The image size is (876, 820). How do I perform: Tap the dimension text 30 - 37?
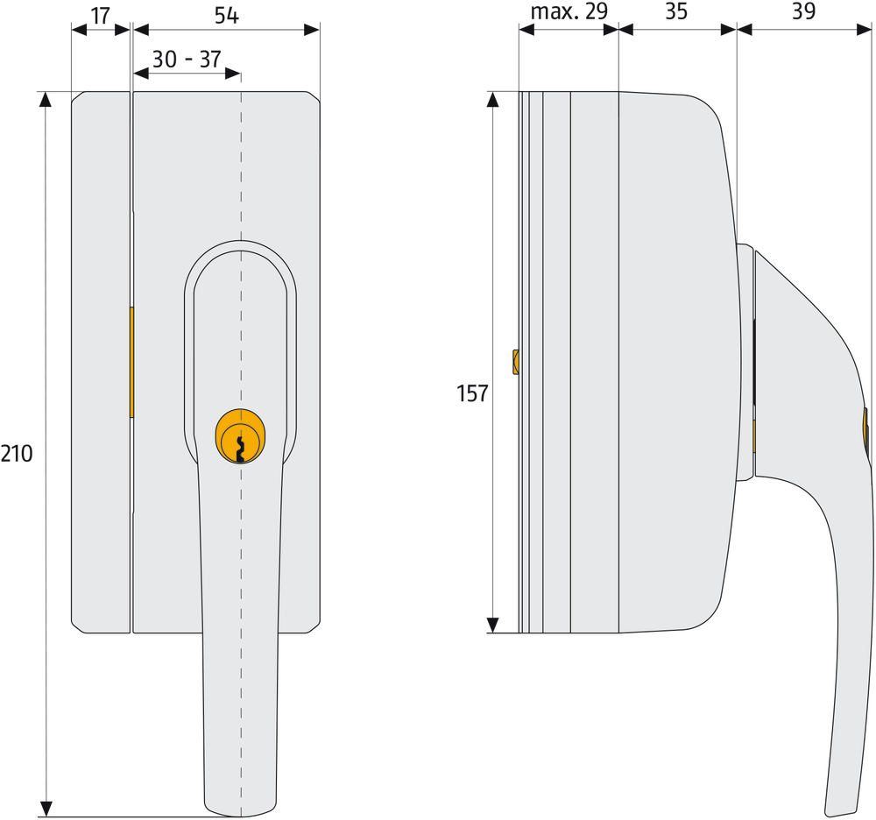click(x=187, y=59)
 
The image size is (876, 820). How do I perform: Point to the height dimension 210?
click(x=17, y=453)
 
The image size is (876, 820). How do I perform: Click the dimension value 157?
click(x=472, y=394)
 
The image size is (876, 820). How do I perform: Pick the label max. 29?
click(x=569, y=12)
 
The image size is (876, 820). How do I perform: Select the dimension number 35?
click(x=675, y=12)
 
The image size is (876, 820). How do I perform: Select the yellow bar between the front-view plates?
click(x=131, y=362)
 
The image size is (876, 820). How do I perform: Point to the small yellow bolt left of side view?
click(x=515, y=361)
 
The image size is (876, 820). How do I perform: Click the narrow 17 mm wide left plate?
click(x=101, y=362)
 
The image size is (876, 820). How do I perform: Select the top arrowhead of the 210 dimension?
click(x=47, y=99)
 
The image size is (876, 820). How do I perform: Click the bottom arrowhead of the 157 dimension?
click(x=493, y=625)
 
